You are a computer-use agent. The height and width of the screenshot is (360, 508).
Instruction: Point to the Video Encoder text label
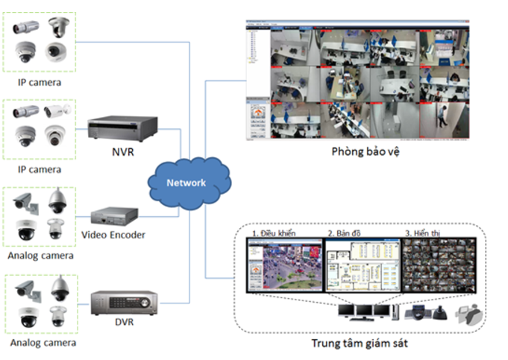coord(113,236)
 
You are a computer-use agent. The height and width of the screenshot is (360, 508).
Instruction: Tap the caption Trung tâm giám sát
coord(360,344)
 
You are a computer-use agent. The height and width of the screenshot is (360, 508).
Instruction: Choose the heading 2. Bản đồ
coord(345,234)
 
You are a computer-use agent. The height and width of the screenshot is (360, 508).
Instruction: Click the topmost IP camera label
coord(40,82)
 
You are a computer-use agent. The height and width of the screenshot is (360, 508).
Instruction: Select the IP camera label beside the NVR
coord(40,170)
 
